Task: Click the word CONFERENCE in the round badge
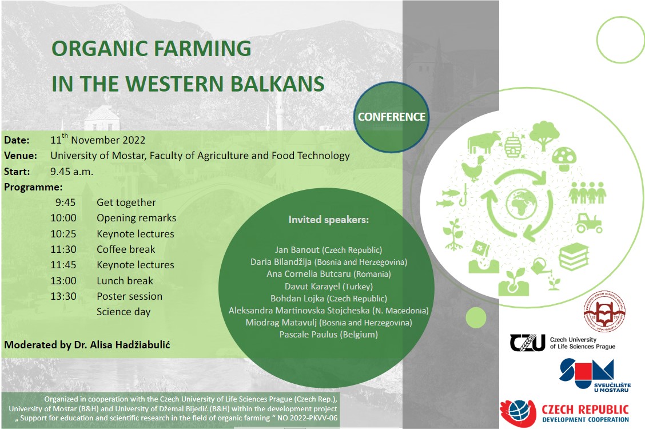point(392,117)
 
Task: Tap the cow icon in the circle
point(484,142)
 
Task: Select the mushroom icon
point(564,158)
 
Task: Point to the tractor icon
point(589,223)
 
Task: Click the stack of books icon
point(574,256)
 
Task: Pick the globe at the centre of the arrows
point(521,203)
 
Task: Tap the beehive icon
point(513,145)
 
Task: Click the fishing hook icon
point(464,195)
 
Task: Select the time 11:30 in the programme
point(63,249)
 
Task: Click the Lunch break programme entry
point(125,280)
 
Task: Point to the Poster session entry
point(130,296)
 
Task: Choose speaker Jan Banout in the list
point(297,249)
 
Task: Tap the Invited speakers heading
point(329,220)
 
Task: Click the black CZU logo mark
point(527,342)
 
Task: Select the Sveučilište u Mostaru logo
point(595,375)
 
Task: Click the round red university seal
point(604,311)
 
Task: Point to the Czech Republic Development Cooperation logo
point(564,413)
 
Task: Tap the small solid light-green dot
point(476,317)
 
